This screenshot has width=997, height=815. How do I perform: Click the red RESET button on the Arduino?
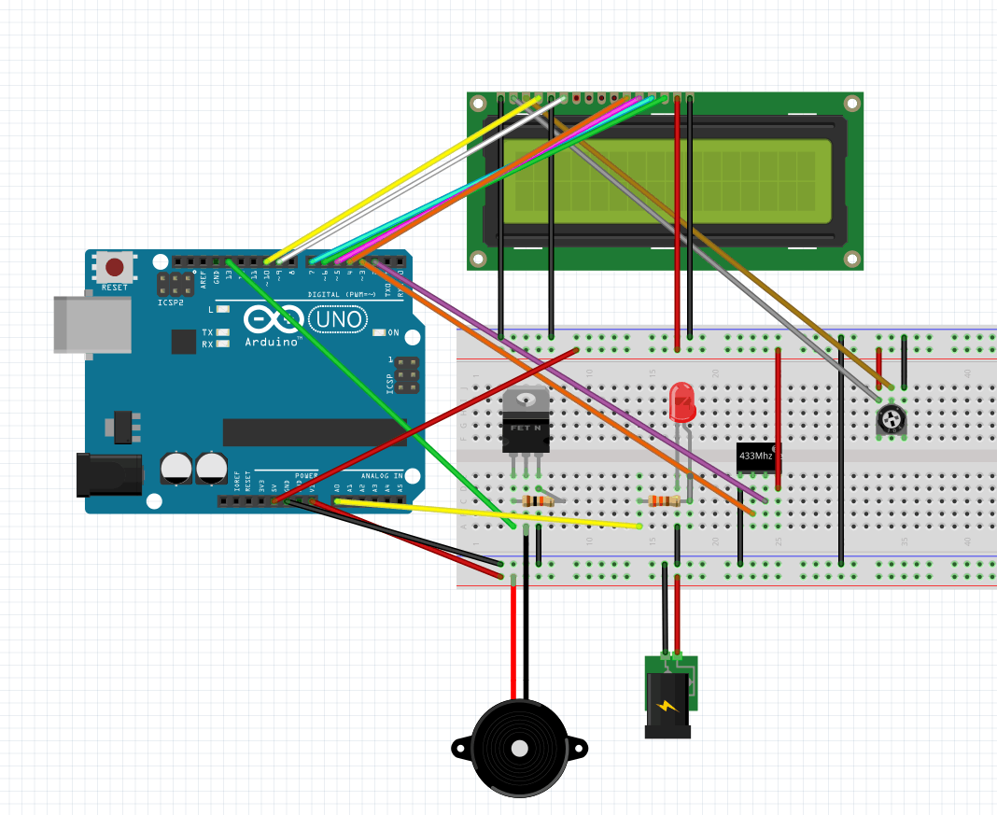[114, 268]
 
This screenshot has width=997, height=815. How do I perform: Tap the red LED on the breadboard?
[682, 402]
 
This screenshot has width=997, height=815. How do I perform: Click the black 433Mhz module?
[757, 457]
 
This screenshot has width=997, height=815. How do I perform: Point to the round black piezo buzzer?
[519, 748]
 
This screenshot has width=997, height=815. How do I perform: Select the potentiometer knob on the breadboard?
[892, 421]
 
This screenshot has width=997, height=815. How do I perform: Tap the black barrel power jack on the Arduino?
[108, 475]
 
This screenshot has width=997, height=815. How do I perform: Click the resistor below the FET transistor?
[539, 501]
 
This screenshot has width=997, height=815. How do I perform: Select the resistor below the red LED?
[665, 501]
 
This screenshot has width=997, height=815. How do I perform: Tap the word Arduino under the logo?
[274, 342]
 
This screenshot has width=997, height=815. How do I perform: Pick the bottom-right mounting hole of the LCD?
[851, 259]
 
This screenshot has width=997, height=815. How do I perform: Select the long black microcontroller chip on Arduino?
[314, 432]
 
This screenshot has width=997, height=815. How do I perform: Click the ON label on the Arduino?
[393, 332]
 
